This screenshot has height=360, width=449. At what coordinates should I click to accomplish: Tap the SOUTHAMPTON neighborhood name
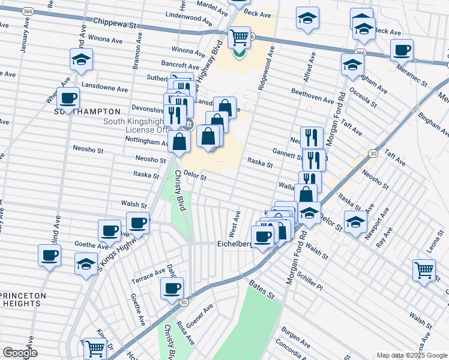[x=88, y=112]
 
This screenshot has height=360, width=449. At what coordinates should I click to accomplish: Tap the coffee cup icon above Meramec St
[x=402, y=50]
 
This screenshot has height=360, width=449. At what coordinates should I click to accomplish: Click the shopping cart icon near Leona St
[x=424, y=270]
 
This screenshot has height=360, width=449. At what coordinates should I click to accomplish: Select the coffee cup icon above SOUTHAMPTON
[x=68, y=98]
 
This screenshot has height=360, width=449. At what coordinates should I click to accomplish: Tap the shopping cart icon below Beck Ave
[x=239, y=37]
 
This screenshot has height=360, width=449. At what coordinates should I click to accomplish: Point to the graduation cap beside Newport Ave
[x=355, y=221]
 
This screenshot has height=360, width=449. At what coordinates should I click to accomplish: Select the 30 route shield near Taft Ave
[x=373, y=154]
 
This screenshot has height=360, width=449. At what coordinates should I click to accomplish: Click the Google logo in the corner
[x=20, y=353]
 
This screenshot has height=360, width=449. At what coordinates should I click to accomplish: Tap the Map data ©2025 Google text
[x=412, y=355]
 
